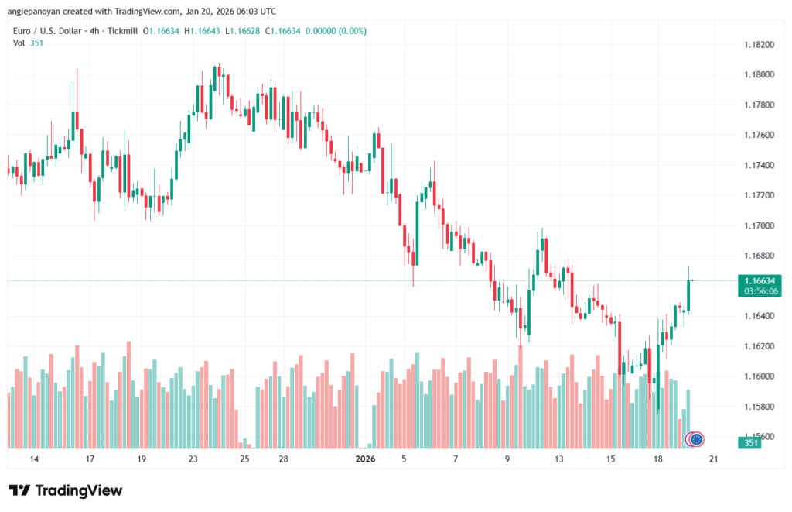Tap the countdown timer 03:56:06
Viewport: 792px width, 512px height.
coord(760,291)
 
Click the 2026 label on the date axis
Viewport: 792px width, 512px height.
coord(365,459)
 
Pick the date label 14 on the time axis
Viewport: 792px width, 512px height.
coord(34,459)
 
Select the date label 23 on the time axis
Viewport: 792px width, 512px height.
coord(193,459)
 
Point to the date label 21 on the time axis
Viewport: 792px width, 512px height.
coord(713,459)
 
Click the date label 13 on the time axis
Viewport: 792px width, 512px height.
coord(558,459)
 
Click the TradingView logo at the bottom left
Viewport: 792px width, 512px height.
coord(65,490)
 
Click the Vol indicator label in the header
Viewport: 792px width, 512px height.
coord(19,43)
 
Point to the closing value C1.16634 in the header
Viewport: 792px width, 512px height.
coord(283,31)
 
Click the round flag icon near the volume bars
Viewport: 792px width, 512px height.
coord(696,439)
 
